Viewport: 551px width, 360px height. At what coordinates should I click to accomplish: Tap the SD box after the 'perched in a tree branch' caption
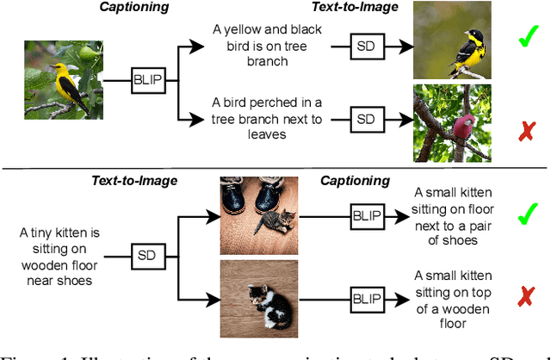365,118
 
